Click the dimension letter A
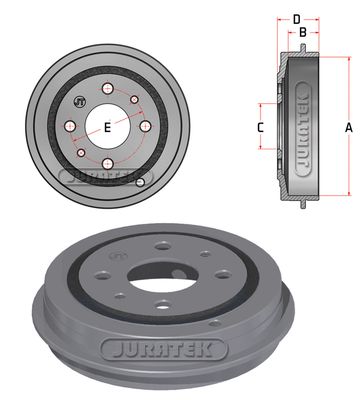[x=348, y=127]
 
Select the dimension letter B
[x=303, y=31]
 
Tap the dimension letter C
[x=260, y=127]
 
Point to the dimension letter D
[x=296, y=17]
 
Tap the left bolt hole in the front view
[x=69, y=127]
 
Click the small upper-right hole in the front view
[x=133, y=100]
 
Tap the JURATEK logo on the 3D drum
[x=151, y=351]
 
